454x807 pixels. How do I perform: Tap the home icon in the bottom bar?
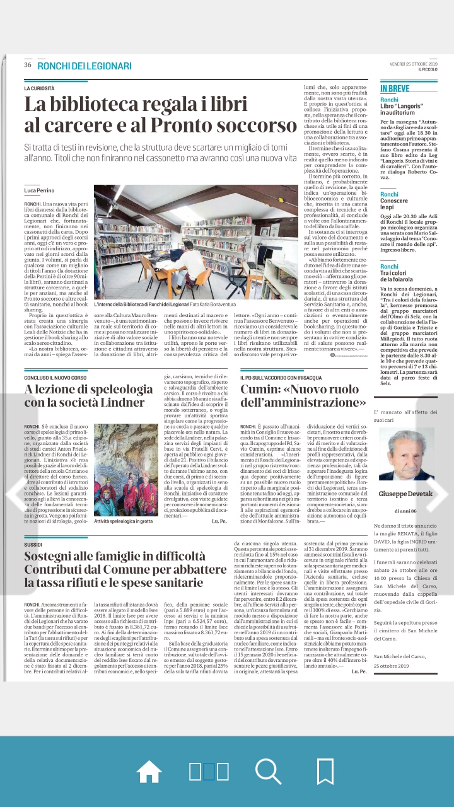coord(149,771)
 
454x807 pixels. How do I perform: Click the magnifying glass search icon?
coord(268,771)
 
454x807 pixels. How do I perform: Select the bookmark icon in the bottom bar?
coord(325,771)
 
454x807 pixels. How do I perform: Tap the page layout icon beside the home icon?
coord(209,771)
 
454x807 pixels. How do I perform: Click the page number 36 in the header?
coord(28,66)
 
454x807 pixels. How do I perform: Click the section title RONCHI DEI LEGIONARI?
coord(84,66)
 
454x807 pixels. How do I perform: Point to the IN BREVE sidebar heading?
coord(395,89)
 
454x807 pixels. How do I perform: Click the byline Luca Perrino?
coord(39,190)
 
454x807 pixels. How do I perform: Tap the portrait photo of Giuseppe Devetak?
coord(407,455)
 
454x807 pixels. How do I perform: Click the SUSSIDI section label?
coord(33,543)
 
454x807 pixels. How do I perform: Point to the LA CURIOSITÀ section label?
coord(39,89)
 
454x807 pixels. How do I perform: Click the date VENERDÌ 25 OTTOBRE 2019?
coord(417,64)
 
